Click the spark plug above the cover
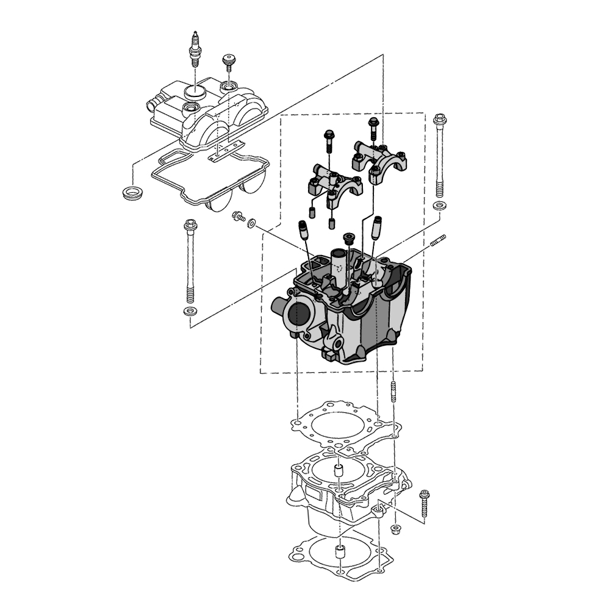tap(195, 50)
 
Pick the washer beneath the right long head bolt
tap(438, 206)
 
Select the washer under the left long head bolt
tap(189, 312)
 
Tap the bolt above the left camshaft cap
tap(328, 139)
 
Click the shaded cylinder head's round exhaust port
tap(299, 315)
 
